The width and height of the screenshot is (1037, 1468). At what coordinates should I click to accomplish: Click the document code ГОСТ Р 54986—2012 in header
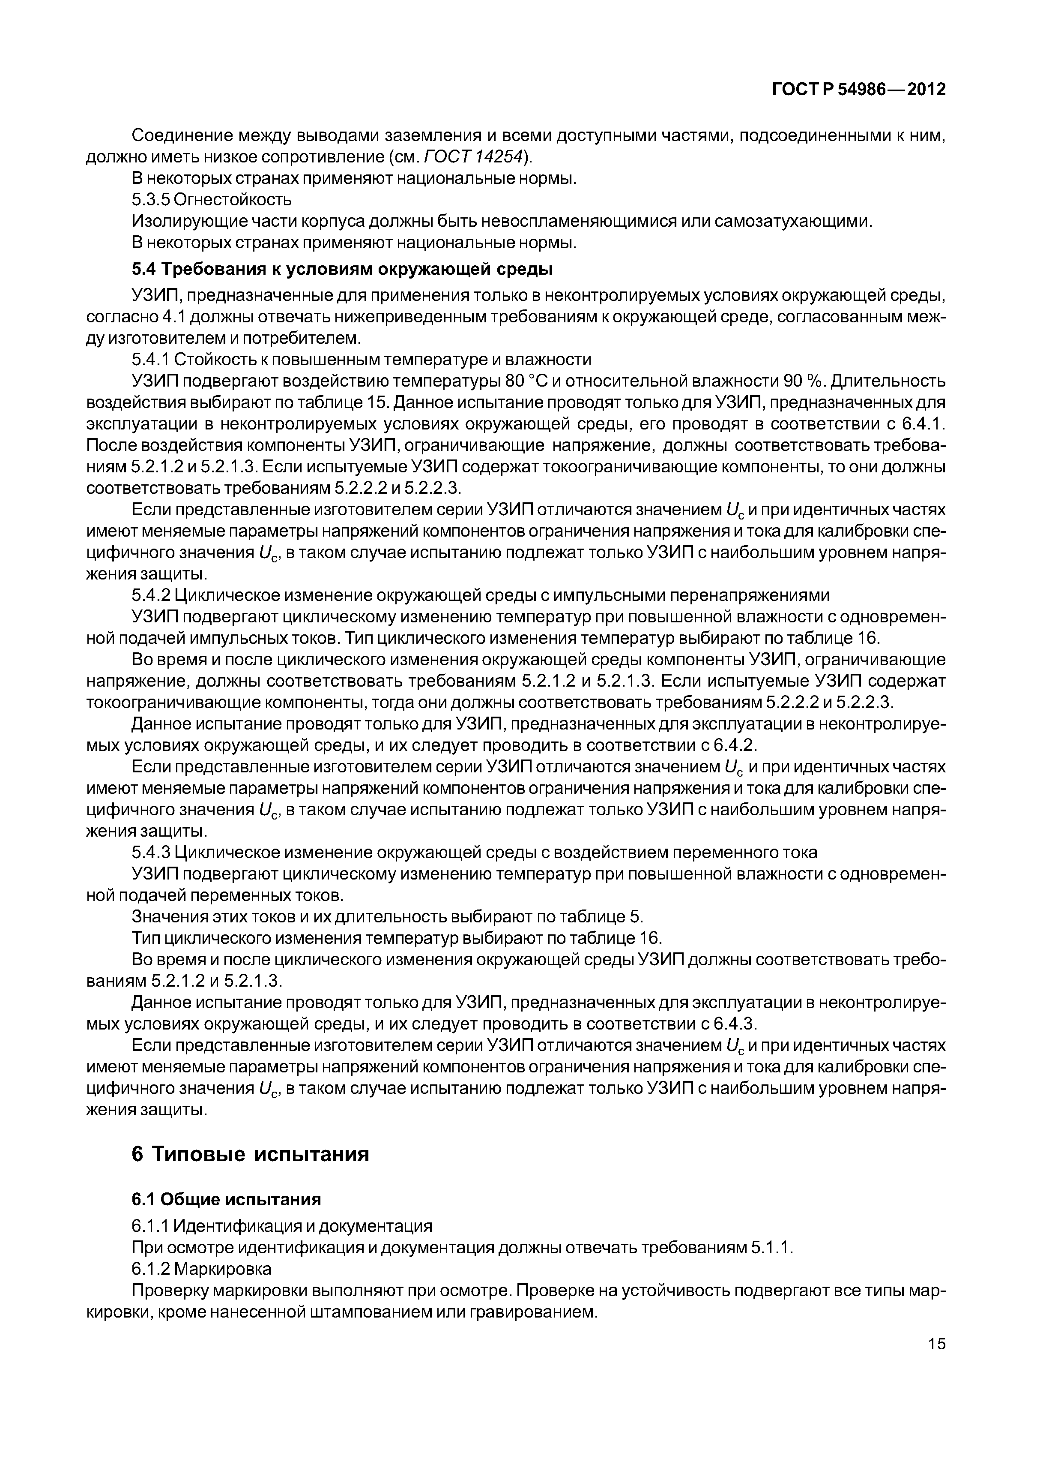pyautogui.click(x=859, y=90)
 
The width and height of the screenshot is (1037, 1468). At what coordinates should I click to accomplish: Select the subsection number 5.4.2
pyautogui.click(x=150, y=595)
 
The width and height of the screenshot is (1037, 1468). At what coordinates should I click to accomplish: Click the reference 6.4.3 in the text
pyautogui.click(x=735, y=1024)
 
